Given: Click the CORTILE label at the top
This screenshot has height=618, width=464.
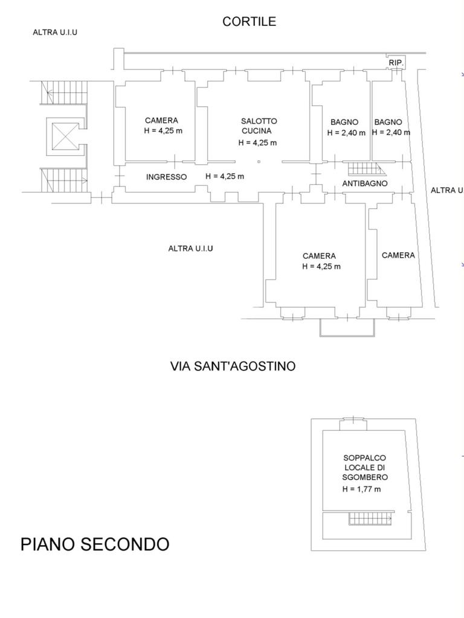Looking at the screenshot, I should pos(249,22).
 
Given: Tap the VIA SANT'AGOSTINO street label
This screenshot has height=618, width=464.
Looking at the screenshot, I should pos(233,366).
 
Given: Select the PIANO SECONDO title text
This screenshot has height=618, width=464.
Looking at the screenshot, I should pos(95,544).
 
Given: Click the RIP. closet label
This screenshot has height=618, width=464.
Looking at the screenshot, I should pos(396,63).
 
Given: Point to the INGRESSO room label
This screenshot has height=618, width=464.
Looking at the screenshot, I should pos(166,177).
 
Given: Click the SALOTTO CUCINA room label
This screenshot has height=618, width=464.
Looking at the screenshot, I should pos(259,126).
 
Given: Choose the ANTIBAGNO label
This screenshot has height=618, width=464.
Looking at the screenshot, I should pos(364,183).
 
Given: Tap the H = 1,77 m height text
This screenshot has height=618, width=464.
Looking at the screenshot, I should pos(361,489).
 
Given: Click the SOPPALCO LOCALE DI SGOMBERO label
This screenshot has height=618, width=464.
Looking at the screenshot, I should pos(365,467).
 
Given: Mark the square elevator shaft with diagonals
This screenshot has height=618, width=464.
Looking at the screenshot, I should pos(65,135).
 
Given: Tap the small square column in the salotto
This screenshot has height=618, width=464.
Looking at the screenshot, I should pos(259,162).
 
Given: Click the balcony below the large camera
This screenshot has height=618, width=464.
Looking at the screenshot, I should pos(347,327).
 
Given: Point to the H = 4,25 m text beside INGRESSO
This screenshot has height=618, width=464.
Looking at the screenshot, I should pos(225,176).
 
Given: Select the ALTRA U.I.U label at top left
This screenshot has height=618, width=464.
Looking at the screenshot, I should pos(55,32).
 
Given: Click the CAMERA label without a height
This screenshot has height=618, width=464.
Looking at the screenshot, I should pos(398,255).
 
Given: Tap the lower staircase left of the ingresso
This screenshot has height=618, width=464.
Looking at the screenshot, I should pos(65,180).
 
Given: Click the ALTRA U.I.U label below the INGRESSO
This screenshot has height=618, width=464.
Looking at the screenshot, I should pos(190,248).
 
